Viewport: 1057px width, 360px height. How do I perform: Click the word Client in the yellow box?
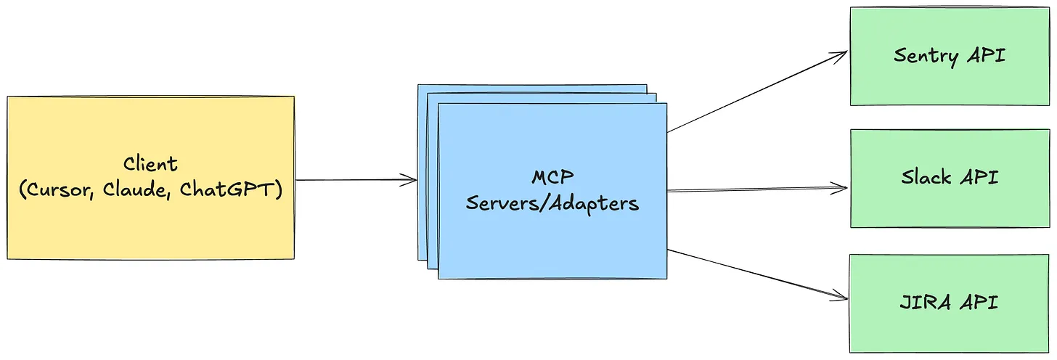click(x=150, y=163)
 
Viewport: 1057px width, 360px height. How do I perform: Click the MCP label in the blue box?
click(x=552, y=177)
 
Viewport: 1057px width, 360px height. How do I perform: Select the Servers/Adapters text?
click(x=552, y=203)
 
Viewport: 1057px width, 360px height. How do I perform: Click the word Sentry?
click(x=926, y=56)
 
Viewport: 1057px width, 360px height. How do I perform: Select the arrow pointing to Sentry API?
click(x=755, y=92)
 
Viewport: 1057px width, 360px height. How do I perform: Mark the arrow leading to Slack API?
click(x=755, y=190)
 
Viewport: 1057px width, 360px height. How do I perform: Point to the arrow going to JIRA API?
click(x=755, y=273)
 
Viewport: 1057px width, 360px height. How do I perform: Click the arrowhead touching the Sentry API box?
click(x=843, y=54)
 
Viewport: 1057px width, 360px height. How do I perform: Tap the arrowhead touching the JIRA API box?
click(x=843, y=295)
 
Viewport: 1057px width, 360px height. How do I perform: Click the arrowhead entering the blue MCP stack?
click(x=412, y=180)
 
